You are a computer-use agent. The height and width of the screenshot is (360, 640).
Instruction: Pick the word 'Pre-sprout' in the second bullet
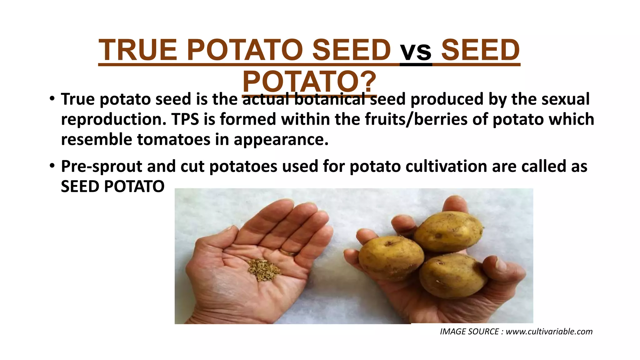coord(102,166)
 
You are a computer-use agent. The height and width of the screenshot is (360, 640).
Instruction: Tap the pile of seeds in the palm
coord(263,269)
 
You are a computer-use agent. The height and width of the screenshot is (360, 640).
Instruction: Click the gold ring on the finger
coord(288,252)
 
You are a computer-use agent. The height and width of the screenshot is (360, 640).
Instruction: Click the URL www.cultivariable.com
coord(549,332)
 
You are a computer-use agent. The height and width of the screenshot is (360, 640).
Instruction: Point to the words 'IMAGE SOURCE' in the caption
coord(469,332)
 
